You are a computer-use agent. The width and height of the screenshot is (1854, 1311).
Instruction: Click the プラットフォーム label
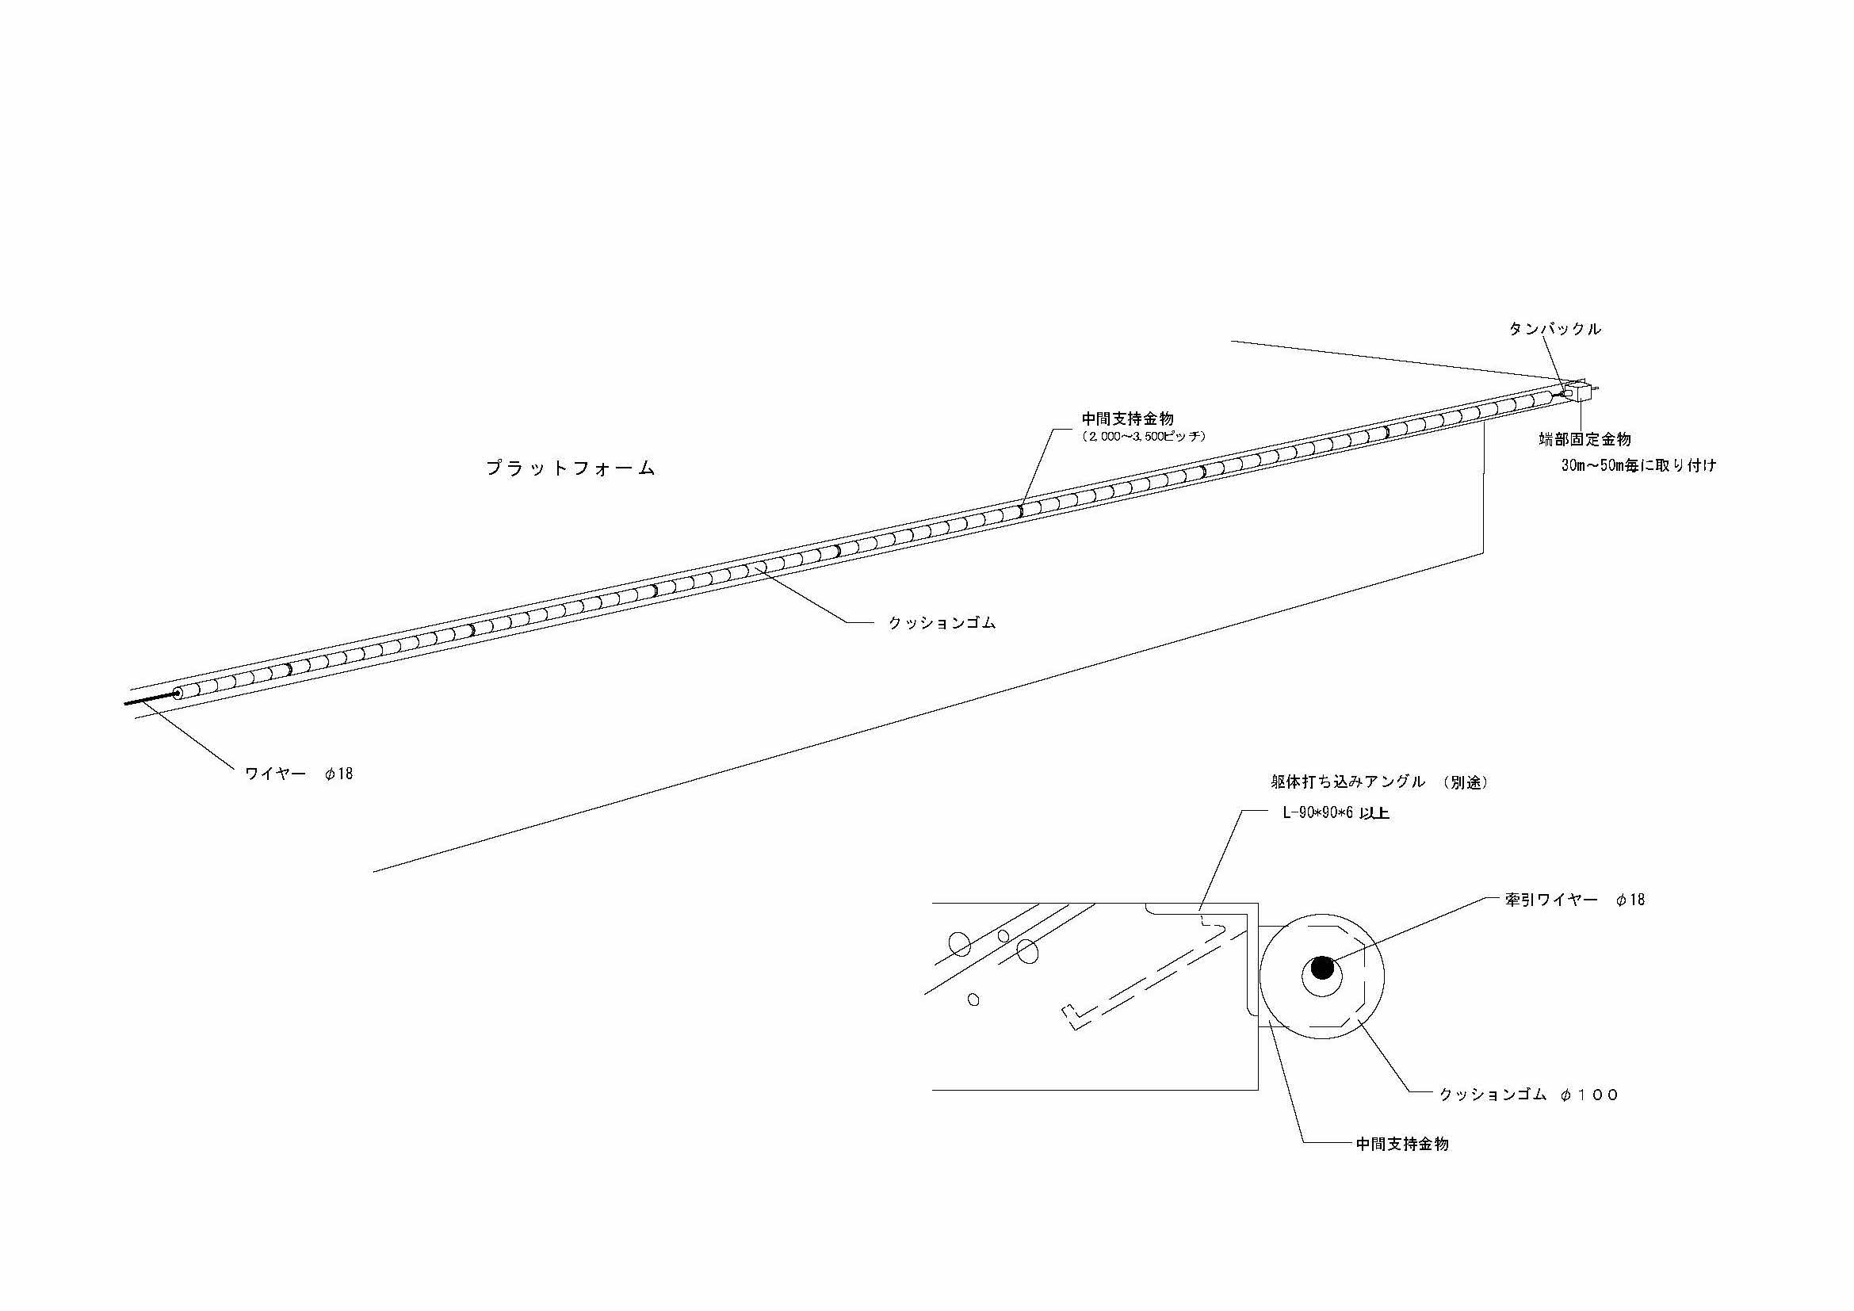[x=569, y=469]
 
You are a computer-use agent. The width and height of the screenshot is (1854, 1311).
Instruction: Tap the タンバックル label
[x=1554, y=330]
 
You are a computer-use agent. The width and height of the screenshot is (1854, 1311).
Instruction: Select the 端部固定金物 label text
[x=1585, y=440]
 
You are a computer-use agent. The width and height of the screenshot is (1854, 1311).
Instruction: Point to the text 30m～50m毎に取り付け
[x=1638, y=466]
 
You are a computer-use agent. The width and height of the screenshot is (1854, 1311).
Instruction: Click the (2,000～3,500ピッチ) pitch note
[x=1144, y=437]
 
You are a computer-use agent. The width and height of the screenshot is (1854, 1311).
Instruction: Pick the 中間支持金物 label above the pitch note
[x=1127, y=419]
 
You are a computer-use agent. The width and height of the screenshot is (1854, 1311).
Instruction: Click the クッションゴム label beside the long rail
[x=942, y=623]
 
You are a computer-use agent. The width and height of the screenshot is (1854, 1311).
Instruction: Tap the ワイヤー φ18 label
[x=299, y=774]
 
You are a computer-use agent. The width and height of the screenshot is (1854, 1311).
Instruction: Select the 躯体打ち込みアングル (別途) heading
[x=1379, y=782]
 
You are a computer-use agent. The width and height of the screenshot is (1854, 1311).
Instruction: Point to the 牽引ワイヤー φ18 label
[x=1575, y=900]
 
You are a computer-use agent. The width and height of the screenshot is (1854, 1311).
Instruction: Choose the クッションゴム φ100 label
[x=1528, y=1095]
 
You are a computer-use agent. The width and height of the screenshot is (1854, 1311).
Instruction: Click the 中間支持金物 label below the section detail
[x=1402, y=1144]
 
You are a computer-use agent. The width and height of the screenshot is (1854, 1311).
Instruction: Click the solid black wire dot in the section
[x=1322, y=968]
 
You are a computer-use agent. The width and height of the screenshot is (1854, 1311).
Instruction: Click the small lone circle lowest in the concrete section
[x=973, y=1000]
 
